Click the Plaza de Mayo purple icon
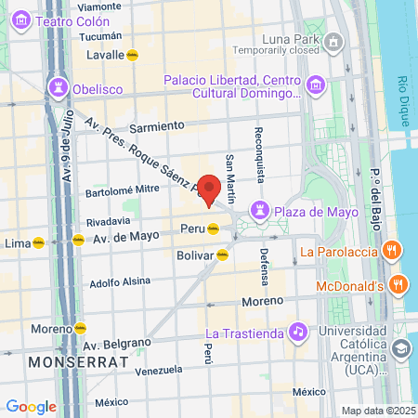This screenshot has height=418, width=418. tap(261, 211)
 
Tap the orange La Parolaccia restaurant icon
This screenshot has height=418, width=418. tap(393, 250)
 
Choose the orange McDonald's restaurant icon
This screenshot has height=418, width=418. tap(398, 284)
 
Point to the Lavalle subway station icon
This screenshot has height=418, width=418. tap(133, 55)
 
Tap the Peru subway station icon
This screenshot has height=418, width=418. tap(214, 229)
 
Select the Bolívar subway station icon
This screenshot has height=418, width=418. tap(223, 255)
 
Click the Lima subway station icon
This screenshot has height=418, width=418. tap(38, 243)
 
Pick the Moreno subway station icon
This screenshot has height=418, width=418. tap(80, 328)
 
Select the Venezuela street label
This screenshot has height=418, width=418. tap(157, 370)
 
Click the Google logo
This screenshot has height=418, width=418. tap(31, 406)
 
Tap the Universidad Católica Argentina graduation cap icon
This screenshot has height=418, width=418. tap(401, 348)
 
